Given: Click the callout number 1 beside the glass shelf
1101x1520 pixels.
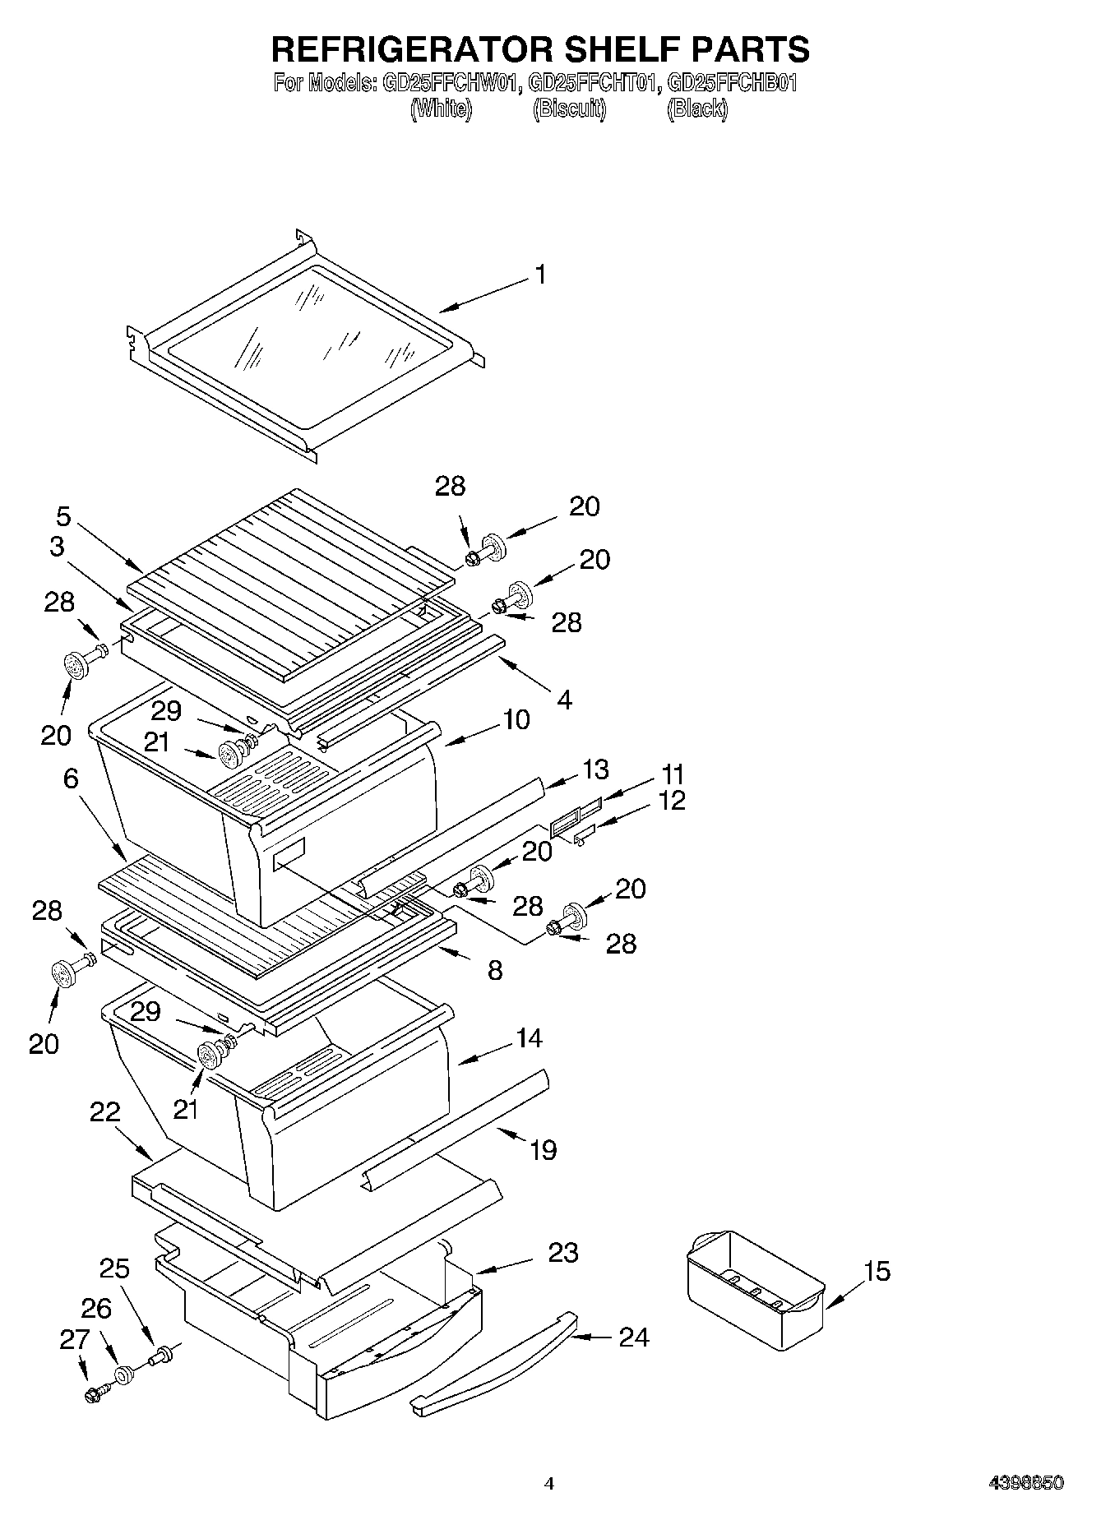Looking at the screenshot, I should (x=539, y=275).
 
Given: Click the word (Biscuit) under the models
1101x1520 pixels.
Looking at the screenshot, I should (x=570, y=109).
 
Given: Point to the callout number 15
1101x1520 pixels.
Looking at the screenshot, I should (x=877, y=1271).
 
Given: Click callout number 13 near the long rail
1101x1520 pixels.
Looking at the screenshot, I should (x=595, y=769).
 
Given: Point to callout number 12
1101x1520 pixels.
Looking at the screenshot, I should (x=671, y=800).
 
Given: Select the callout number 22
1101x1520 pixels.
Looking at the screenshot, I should (x=104, y=1112).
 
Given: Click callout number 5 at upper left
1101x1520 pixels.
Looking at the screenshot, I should (x=63, y=516).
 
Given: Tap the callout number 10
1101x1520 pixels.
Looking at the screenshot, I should (x=516, y=719).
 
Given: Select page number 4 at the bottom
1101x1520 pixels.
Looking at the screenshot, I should (x=549, y=1483).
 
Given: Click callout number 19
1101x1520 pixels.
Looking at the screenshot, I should (x=543, y=1149).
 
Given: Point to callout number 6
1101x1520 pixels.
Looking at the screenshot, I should (x=71, y=778).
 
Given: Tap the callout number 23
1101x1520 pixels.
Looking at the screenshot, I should (x=563, y=1253).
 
